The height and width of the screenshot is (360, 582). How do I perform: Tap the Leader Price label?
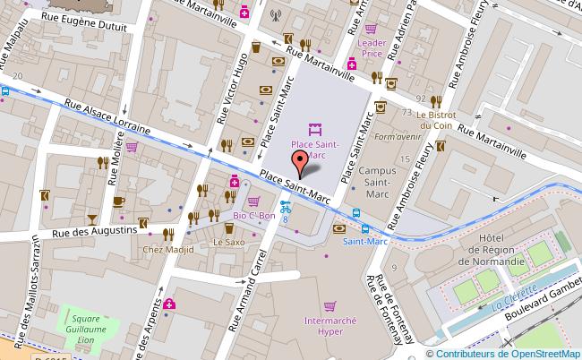[x=371, y=47]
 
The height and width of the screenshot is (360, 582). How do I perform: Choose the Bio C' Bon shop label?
[x=253, y=216]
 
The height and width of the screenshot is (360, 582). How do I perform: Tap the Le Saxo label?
[x=228, y=242]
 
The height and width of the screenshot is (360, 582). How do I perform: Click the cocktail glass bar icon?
[x=91, y=219]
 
